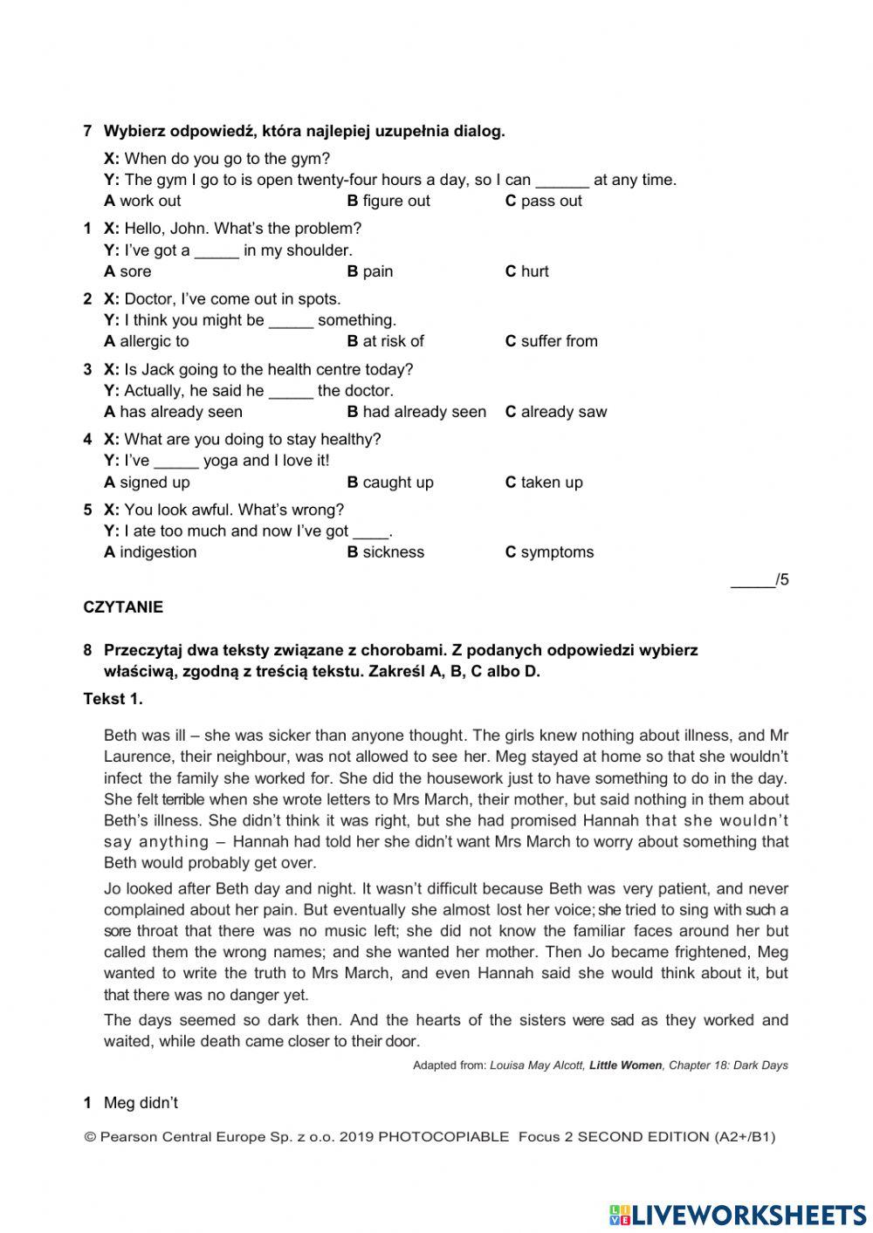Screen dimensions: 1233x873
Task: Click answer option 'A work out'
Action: [x=142, y=201]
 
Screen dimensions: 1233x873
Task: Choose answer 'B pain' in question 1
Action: [x=370, y=271]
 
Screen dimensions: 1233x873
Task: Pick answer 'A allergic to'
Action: [x=146, y=341]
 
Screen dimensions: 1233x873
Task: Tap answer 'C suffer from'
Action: [x=551, y=341]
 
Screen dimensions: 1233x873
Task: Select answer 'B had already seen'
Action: [x=416, y=412]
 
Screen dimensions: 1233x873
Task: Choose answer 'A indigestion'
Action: [x=150, y=552]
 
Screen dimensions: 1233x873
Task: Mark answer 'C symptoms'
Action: [x=549, y=552]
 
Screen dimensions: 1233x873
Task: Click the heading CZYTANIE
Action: [x=123, y=607]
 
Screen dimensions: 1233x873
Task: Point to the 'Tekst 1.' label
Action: [x=113, y=699]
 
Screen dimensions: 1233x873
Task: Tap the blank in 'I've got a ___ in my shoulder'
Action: [x=217, y=251]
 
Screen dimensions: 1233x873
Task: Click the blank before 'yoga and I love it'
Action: [x=176, y=462]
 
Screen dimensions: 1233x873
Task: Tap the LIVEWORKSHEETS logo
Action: [x=738, y=1214]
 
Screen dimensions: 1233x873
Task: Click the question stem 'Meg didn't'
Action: [x=141, y=1103]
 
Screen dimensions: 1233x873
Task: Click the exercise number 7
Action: [x=87, y=132]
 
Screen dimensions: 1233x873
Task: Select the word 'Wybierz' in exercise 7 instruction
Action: [x=134, y=132]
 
